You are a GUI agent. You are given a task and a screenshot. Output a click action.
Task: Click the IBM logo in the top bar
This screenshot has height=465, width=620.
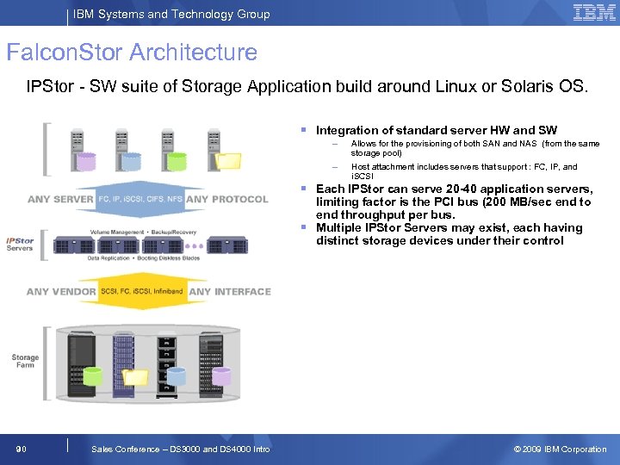pyautogui.click(x=593, y=12)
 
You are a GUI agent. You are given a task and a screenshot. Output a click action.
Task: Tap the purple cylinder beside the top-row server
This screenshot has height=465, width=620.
pyautogui.click(x=85, y=161)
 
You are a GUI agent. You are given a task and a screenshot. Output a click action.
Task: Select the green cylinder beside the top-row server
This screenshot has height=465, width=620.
pyautogui.click(x=177, y=160)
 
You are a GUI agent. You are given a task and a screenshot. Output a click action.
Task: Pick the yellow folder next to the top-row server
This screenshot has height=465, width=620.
pyautogui.click(x=230, y=160)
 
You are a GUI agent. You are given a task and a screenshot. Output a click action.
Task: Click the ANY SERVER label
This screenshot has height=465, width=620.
pyautogui.click(x=60, y=200)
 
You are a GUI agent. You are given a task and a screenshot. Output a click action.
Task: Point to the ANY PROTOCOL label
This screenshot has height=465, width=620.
pyautogui.click(x=227, y=200)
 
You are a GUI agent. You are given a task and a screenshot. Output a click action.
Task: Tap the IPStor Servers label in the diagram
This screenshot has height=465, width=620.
pyautogui.click(x=20, y=245)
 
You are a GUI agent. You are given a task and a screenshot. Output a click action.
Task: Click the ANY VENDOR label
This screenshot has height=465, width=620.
pyautogui.click(x=61, y=291)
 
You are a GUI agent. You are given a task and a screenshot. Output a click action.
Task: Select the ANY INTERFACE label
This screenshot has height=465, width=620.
pyautogui.click(x=230, y=291)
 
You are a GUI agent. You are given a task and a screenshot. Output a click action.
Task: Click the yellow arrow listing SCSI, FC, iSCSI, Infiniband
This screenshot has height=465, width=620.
pyautogui.click(x=142, y=291)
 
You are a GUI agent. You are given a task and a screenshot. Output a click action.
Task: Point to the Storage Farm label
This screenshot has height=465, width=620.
pyautogui.click(x=25, y=361)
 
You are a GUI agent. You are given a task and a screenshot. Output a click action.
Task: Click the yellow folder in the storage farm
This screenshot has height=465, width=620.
pyautogui.click(x=135, y=376)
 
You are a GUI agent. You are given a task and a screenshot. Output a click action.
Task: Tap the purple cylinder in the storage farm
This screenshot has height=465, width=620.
pyautogui.click(x=221, y=376)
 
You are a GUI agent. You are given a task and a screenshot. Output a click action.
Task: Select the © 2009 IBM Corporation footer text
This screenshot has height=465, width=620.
pyautogui.click(x=560, y=449)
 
